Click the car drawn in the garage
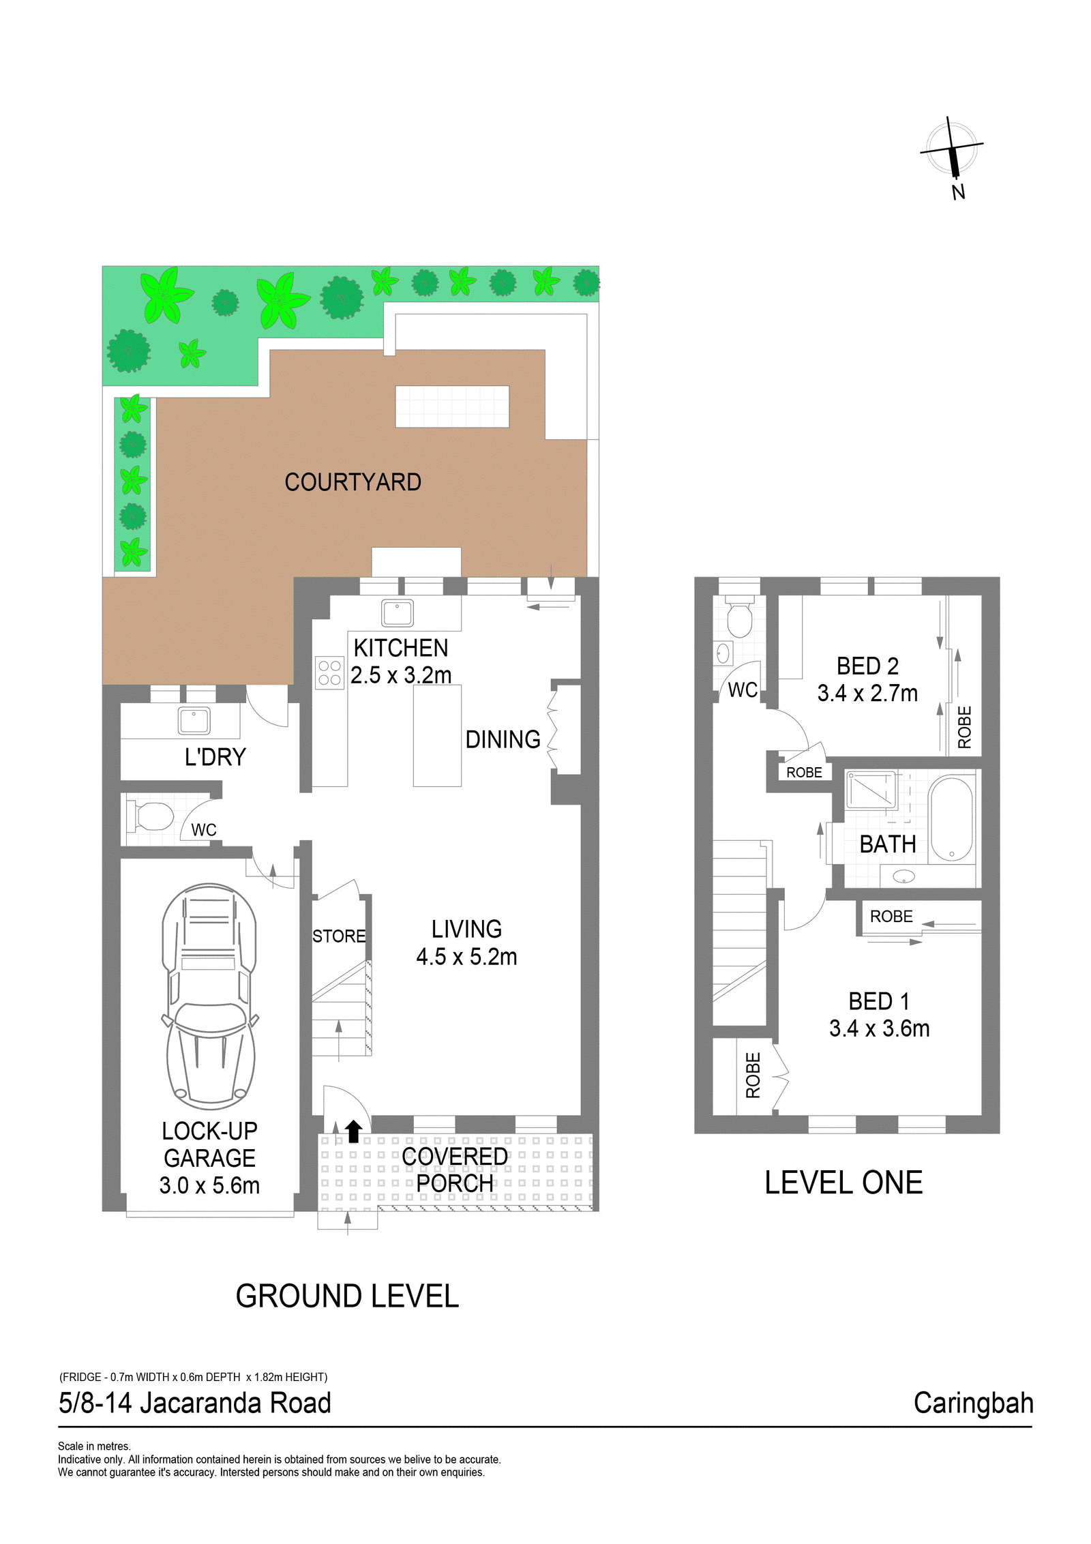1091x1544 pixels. pyautogui.click(x=209, y=996)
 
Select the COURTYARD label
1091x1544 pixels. pyautogui.click(x=353, y=482)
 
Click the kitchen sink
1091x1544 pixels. pyautogui.click(x=398, y=613)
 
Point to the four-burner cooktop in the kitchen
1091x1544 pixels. pyautogui.click(x=329, y=672)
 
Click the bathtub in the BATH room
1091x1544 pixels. pyautogui.click(x=951, y=819)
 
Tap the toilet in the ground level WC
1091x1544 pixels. pyautogui.click(x=151, y=816)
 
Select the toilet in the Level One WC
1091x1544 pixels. pyautogui.click(x=739, y=616)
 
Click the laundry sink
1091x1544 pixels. pyautogui.click(x=194, y=720)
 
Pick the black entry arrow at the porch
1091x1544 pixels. pyautogui.click(x=353, y=1131)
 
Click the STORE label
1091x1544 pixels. pyautogui.click(x=339, y=936)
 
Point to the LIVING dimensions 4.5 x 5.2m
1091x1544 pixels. pyautogui.click(x=466, y=957)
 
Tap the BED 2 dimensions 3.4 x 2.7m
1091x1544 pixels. pyautogui.click(x=867, y=694)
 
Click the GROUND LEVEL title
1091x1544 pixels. pyautogui.click(x=347, y=1296)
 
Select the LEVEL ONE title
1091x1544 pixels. pyautogui.click(x=843, y=1183)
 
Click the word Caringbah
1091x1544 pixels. pyautogui.click(x=973, y=1404)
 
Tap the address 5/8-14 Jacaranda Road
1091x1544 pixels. pyautogui.click(x=194, y=1404)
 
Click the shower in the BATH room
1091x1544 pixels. pyautogui.click(x=871, y=790)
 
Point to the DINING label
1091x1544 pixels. pyautogui.click(x=503, y=740)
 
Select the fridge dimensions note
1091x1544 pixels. pyautogui.click(x=193, y=1377)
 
